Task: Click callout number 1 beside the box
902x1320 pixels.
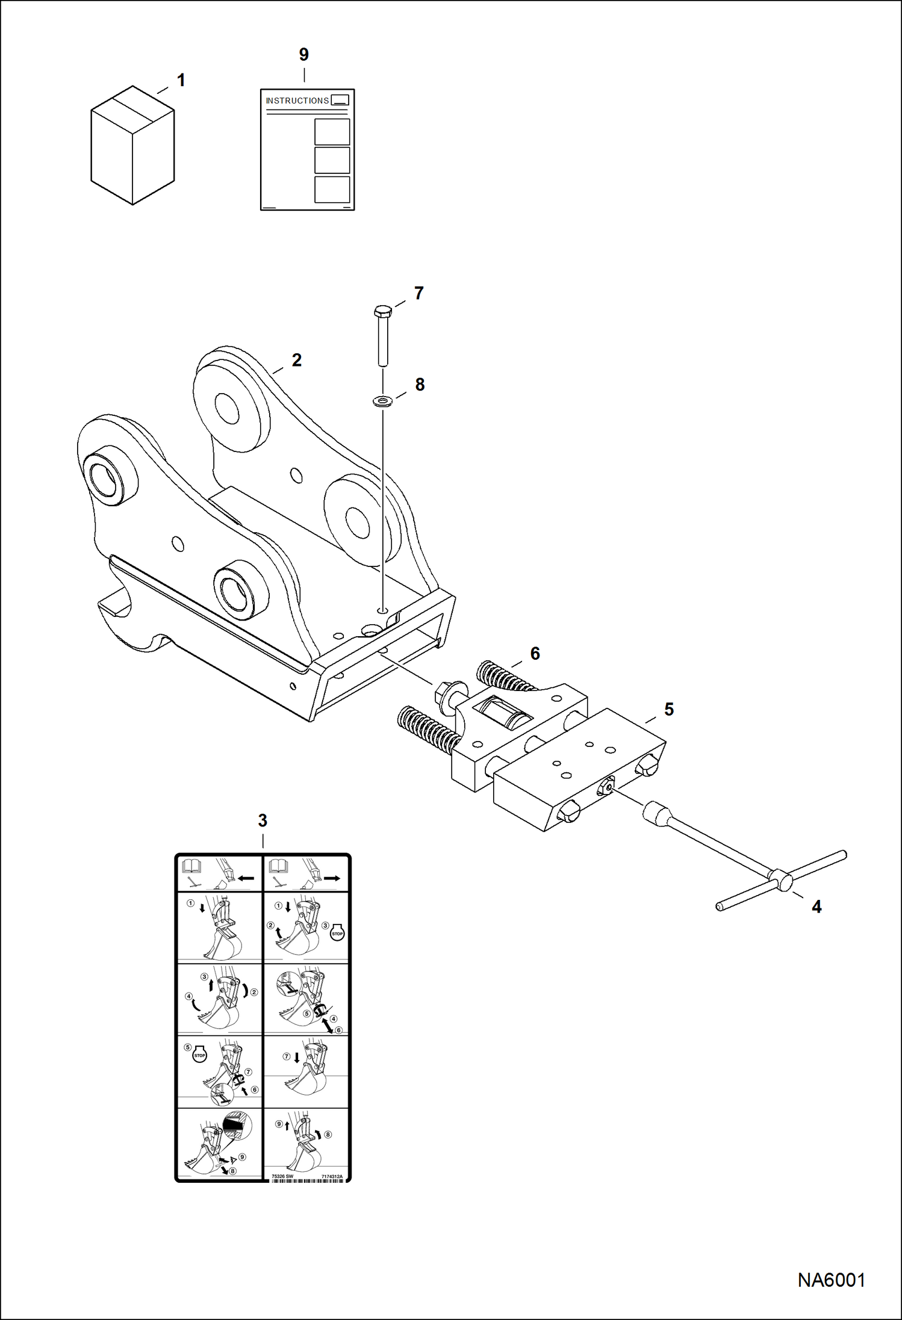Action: click(x=181, y=80)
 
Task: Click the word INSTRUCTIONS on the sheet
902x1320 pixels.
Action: click(x=297, y=101)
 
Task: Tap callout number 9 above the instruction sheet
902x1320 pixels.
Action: click(x=304, y=55)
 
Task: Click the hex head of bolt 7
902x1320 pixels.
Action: click(x=382, y=312)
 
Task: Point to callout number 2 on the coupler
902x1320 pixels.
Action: click(x=296, y=360)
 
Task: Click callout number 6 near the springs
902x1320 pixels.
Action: click(x=535, y=653)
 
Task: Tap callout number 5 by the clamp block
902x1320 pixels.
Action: click(x=668, y=709)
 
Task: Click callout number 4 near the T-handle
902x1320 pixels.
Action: click(x=816, y=906)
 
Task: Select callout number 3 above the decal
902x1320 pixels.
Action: click(x=263, y=820)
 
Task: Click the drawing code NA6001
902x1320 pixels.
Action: click(x=831, y=1280)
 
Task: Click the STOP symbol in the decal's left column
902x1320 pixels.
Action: click(x=199, y=1055)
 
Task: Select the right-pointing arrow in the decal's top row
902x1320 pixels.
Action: click(x=332, y=878)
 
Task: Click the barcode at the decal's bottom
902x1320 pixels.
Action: click(x=307, y=1180)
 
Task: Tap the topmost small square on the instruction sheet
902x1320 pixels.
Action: click(x=332, y=132)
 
